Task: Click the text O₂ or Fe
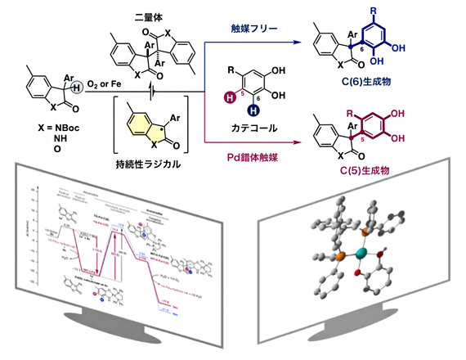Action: [x=101, y=78]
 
